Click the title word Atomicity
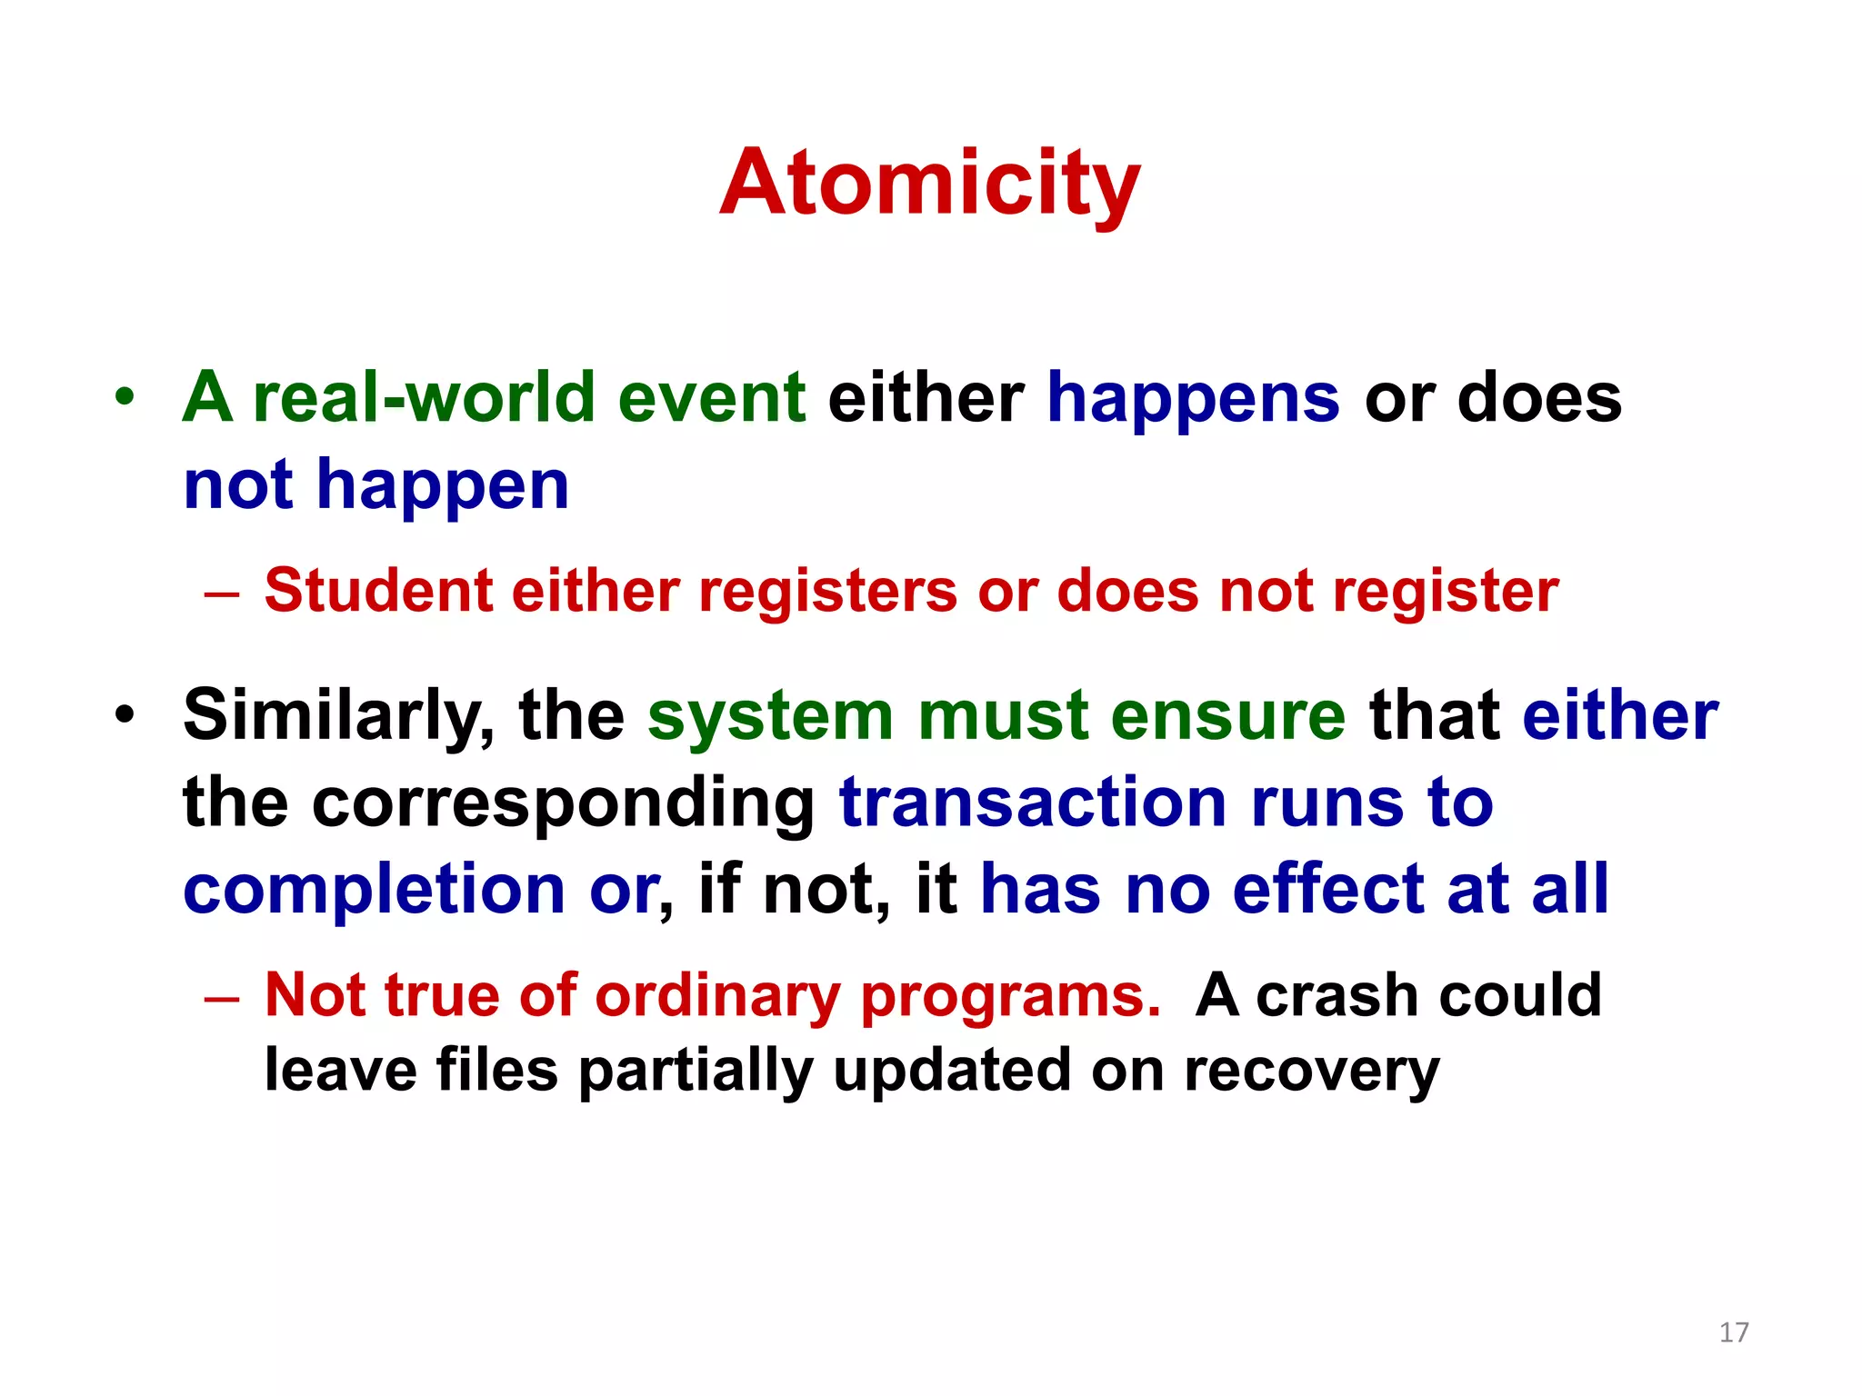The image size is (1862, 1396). pyautogui.click(x=929, y=184)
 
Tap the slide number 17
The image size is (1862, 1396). pyautogui.click(x=1733, y=1332)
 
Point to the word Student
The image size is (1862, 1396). pyautogui.click(x=378, y=591)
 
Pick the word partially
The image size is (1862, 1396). pyautogui.click(x=695, y=1072)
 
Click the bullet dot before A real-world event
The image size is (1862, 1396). pyautogui.click(x=125, y=397)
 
